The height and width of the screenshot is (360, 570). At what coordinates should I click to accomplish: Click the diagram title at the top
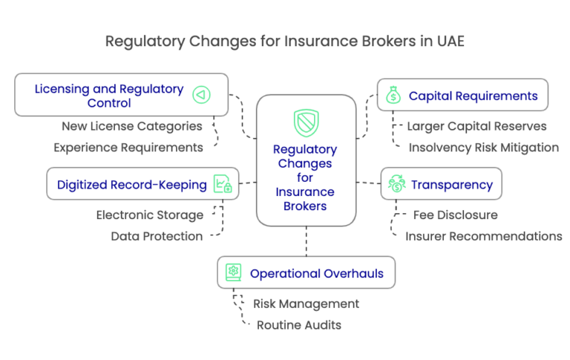(285, 41)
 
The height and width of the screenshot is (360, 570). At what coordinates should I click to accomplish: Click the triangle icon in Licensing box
(200, 95)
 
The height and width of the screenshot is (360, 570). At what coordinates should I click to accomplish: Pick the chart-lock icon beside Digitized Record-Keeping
(222, 184)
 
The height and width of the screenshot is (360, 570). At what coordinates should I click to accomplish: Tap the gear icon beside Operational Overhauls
(233, 273)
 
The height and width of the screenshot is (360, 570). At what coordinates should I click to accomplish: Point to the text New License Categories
(132, 126)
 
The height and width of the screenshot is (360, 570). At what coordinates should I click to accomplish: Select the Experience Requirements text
(128, 147)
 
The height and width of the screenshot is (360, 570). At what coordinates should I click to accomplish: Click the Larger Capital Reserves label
(477, 126)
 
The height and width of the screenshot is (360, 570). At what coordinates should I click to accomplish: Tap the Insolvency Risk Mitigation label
(483, 147)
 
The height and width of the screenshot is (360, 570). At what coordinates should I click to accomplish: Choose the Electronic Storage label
(149, 215)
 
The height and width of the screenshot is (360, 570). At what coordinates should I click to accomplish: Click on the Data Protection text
(157, 236)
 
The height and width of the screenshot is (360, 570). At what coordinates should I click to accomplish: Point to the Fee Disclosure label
(456, 215)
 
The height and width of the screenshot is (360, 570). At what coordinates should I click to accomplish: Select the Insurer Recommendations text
(483, 236)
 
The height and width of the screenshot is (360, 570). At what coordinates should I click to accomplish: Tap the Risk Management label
(306, 304)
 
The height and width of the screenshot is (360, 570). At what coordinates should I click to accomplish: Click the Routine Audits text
(299, 324)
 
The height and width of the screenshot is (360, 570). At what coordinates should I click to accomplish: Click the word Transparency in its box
(451, 185)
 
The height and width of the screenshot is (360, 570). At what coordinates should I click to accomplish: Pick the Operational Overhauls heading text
(317, 274)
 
